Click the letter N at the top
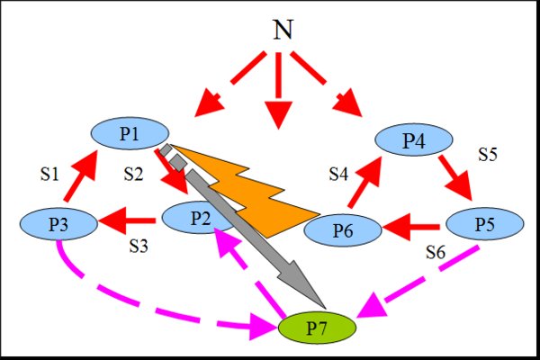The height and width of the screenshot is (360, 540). coord(283,31)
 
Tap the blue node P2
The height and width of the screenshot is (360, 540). coord(199,219)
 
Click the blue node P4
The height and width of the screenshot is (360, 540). coord(414,140)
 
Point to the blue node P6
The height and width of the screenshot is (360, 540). coord(343,229)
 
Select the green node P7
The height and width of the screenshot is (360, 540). coord(318,328)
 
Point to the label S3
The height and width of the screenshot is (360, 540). coord(139,244)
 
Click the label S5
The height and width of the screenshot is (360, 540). coord(489,154)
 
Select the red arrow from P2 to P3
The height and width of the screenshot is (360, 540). coord(126,218)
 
